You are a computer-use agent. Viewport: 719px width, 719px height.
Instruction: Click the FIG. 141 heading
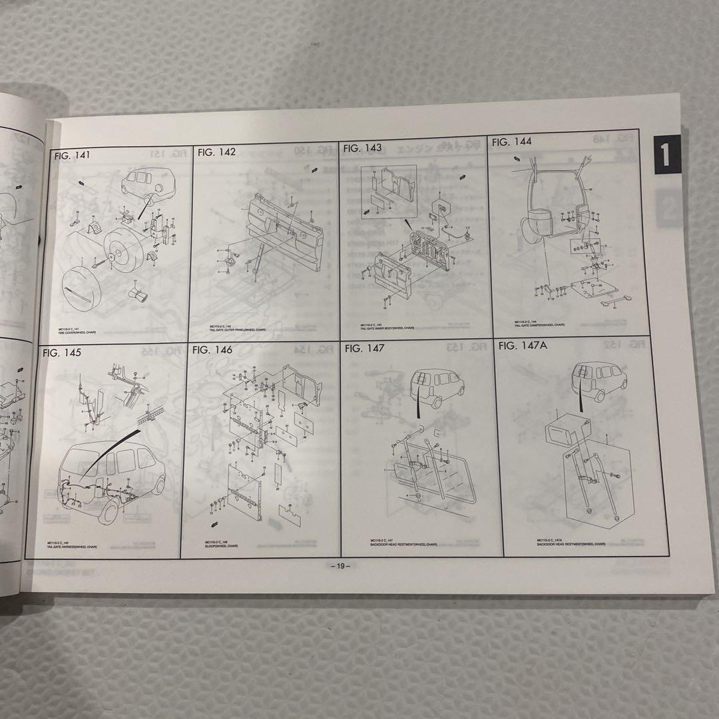[73, 156]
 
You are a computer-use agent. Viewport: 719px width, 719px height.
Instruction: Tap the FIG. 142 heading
[217, 152]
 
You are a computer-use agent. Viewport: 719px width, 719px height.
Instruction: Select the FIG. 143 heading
[363, 148]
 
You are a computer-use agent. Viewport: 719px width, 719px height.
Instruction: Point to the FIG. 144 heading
[511, 141]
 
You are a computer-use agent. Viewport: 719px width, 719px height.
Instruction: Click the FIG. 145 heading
[61, 352]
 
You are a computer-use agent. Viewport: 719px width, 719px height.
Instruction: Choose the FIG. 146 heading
[212, 350]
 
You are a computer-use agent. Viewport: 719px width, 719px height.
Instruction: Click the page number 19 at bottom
[340, 566]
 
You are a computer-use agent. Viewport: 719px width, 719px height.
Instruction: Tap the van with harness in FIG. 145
[110, 479]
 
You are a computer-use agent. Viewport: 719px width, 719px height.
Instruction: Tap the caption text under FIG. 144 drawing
[539, 324]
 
